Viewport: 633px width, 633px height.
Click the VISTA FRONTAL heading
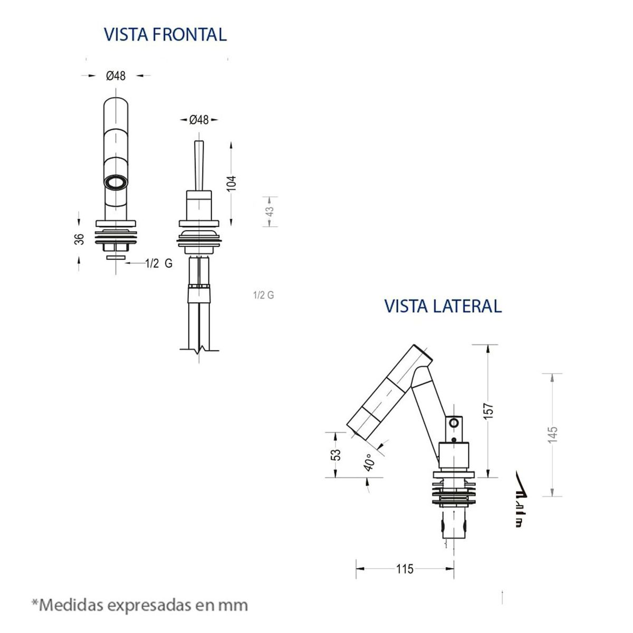point(165,34)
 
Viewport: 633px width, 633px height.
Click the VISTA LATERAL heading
point(443,306)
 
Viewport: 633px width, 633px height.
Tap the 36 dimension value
point(79,238)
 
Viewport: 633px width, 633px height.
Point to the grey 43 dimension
point(270,212)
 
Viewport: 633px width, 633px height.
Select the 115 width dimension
point(405,569)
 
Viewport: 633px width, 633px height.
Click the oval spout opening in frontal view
point(116,183)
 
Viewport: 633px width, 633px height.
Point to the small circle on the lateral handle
point(453,423)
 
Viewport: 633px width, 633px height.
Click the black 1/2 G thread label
point(159,264)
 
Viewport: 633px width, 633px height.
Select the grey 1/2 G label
point(263,295)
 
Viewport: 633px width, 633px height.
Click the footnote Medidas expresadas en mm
point(140,604)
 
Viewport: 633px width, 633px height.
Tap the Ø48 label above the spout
point(116,76)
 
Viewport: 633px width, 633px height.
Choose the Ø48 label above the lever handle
point(199,120)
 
